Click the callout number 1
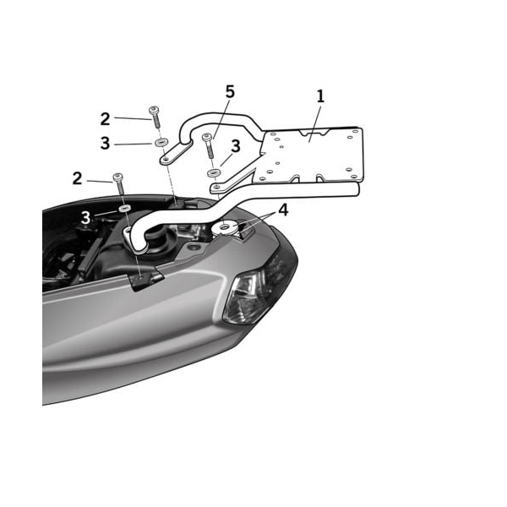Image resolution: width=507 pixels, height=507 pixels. [320, 96]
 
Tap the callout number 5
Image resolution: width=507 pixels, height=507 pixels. [230, 92]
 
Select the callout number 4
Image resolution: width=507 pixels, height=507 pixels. [283, 210]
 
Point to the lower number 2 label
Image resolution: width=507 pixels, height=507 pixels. [78, 178]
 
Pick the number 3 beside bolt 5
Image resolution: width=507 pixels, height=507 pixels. [236, 146]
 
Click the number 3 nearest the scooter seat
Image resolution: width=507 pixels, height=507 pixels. [86, 218]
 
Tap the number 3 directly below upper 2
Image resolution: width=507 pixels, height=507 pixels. [105, 144]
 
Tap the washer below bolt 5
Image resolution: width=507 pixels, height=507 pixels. [212, 173]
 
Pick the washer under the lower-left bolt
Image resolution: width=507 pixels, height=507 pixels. [123, 206]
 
